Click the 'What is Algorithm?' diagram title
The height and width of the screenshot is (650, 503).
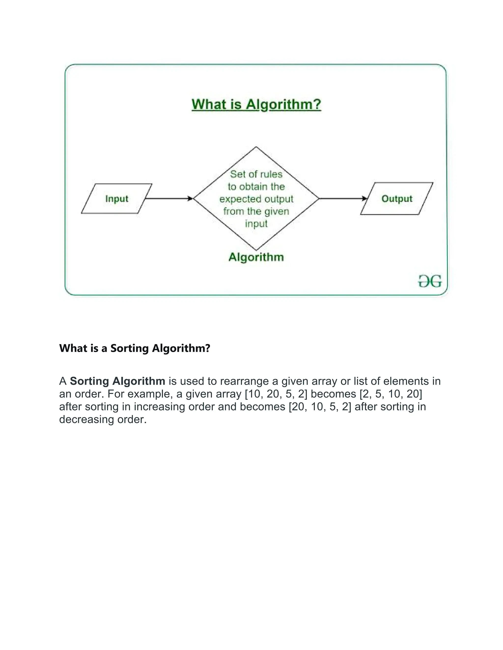tap(256, 104)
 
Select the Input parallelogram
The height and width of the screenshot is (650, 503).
tap(116, 198)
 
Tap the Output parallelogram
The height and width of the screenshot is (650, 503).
tap(397, 198)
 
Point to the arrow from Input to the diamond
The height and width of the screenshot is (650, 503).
tap(169, 198)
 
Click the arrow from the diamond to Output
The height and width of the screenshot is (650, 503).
tap(343, 198)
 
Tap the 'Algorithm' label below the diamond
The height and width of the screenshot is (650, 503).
tap(256, 257)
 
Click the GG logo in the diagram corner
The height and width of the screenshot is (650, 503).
tap(430, 281)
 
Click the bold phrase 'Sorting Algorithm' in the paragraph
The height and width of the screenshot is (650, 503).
tap(117, 381)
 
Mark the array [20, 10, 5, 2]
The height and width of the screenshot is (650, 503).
tap(320, 406)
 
